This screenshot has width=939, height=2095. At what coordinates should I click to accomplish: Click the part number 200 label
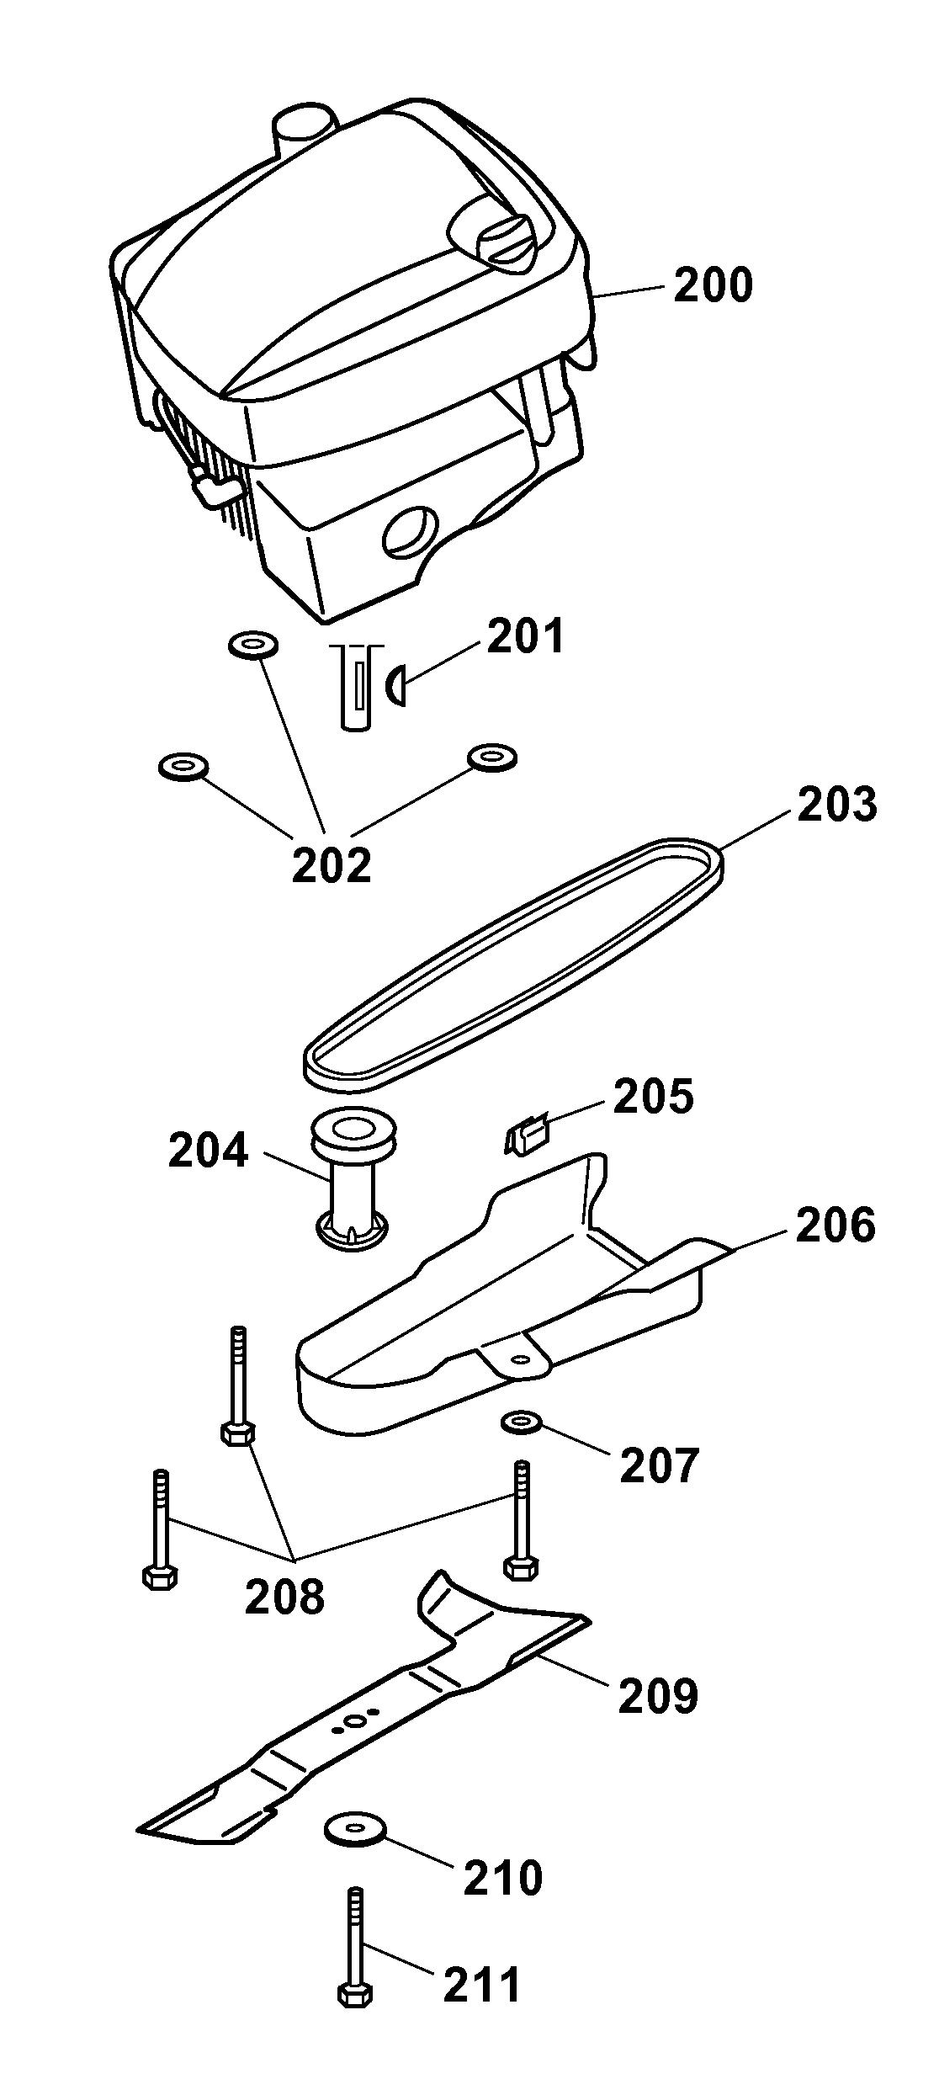[x=713, y=285]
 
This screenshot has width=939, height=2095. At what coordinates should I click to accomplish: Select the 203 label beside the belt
[x=837, y=805]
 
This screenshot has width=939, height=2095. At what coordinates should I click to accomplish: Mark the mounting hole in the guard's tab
[x=521, y=1359]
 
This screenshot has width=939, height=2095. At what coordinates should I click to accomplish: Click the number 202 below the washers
[x=332, y=864]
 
